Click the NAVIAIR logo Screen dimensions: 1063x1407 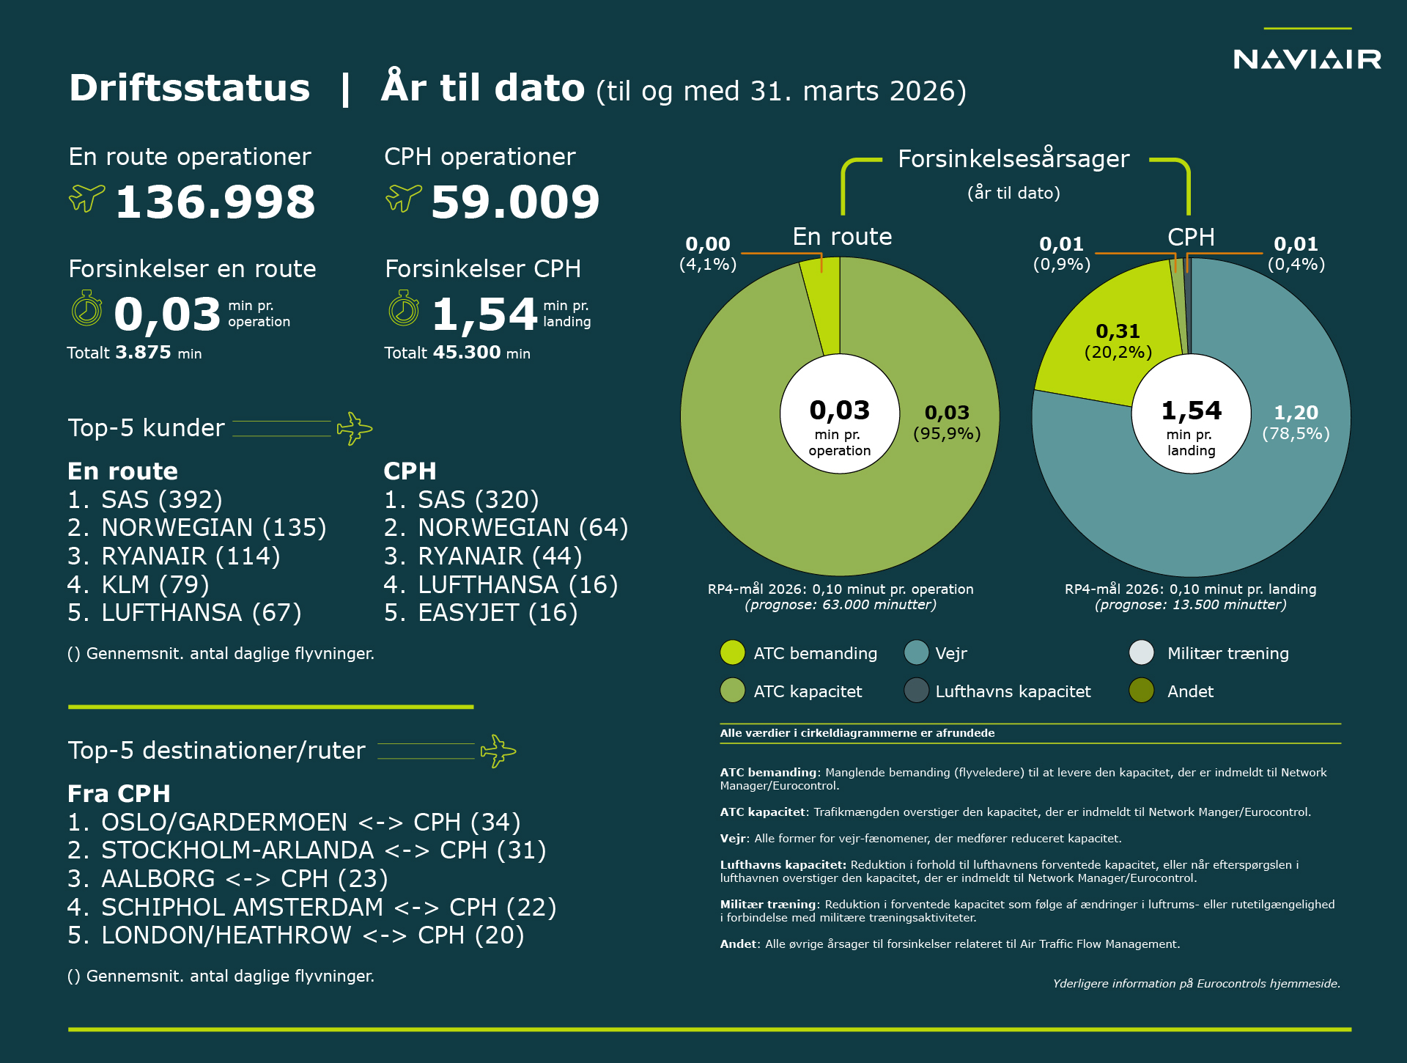(x=1307, y=59)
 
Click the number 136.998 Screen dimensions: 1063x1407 (x=215, y=202)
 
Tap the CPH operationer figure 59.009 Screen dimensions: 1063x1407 (x=515, y=202)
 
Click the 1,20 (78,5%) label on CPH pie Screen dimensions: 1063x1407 (x=1296, y=423)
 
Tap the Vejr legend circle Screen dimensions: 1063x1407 (x=916, y=652)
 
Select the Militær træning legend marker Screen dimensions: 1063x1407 (x=1142, y=652)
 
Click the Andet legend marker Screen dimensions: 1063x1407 (x=1142, y=691)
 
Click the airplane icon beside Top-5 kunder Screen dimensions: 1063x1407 (x=354, y=428)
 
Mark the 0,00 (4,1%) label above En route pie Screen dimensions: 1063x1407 (x=708, y=254)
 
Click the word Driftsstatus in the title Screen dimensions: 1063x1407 (x=190, y=89)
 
